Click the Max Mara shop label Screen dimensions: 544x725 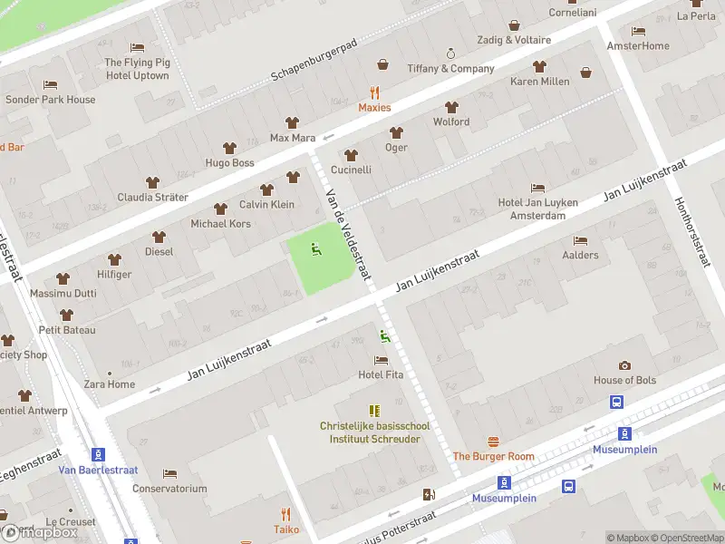292,138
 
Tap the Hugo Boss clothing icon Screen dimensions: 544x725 229,147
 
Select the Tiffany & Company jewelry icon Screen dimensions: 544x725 450,53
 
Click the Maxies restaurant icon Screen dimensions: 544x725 374,92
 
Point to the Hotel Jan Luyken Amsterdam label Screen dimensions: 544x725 537,209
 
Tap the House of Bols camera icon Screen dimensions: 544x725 624,365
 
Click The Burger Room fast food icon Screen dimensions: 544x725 494,442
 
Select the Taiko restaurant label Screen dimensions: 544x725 286,529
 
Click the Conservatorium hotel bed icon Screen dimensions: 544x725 169,473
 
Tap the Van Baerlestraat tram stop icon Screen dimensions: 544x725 97,454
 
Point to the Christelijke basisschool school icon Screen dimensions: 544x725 373,411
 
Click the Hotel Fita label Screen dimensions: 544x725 381,374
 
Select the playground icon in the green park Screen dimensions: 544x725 315,248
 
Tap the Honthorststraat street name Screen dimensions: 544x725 690,232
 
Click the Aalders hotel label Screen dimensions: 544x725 580,255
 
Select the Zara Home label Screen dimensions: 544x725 110,384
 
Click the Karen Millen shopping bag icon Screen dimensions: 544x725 585,73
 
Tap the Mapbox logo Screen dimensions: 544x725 39,532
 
